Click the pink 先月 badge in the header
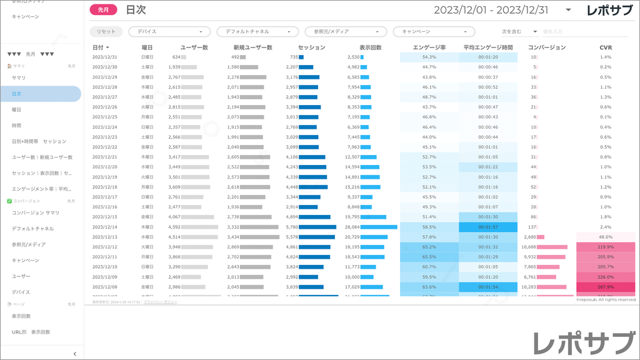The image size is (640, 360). tap(104, 9)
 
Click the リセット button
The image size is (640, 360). tap(106, 31)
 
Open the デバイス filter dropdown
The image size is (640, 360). tap(169, 31)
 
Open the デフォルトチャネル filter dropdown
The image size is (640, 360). tap(257, 31)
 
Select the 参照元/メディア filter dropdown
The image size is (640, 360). tap(346, 31)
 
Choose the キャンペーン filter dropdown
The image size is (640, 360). tap(434, 31)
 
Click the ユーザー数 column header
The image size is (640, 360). tap(194, 47)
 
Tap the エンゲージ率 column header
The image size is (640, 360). tap(429, 47)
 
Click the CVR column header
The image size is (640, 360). tap(606, 47)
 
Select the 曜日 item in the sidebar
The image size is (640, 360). tap(17, 109)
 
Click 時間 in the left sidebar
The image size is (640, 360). tap(17, 126)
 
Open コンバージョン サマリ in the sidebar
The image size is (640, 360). tap(36, 212)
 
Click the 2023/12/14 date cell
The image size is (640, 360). tap(105, 227)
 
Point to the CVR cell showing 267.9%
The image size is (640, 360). tap(606, 287)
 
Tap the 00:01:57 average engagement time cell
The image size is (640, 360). tap(487, 227)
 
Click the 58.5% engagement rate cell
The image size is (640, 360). tap(429, 227)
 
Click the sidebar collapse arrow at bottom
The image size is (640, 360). tap(75, 354)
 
